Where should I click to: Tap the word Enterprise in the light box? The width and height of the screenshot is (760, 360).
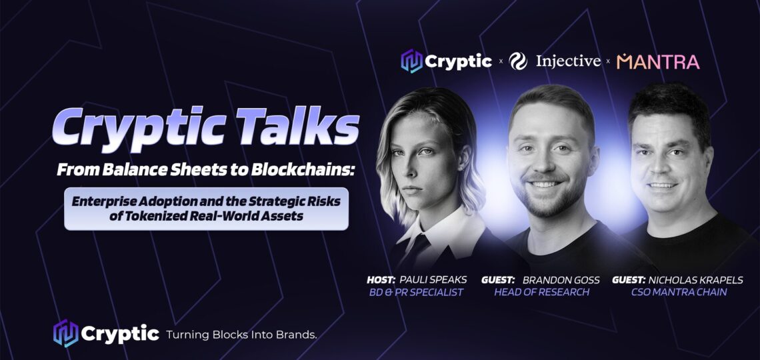tap(101, 201)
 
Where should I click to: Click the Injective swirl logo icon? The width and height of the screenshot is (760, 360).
tap(518, 61)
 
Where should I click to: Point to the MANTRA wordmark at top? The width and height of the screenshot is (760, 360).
tap(658, 61)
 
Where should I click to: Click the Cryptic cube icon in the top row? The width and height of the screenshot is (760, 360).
tap(411, 61)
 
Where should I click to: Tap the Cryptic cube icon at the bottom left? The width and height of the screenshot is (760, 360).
tap(65, 333)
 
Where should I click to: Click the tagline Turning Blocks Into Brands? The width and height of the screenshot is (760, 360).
tap(241, 334)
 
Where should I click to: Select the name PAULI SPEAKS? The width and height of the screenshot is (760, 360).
tap(433, 280)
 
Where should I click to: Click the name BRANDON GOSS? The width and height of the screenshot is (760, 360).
tap(561, 280)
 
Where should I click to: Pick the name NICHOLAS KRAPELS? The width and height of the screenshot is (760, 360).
tap(698, 280)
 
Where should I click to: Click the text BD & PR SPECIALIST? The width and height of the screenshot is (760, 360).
tap(417, 292)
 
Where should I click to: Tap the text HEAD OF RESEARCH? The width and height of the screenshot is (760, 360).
tap(541, 292)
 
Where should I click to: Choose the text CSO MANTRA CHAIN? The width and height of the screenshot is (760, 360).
tap(679, 292)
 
